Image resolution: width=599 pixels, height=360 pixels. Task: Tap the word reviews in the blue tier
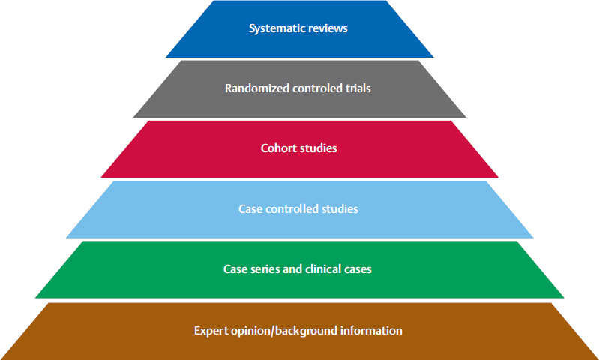pyautogui.click(x=329, y=29)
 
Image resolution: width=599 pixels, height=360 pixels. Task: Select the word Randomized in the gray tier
pyautogui.click(x=256, y=88)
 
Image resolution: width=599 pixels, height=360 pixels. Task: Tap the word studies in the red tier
pyautogui.click(x=319, y=148)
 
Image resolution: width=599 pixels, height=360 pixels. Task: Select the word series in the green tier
pyautogui.click(x=264, y=268)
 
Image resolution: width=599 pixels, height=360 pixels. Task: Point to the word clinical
pyautogui.click(x=323, y=268)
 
